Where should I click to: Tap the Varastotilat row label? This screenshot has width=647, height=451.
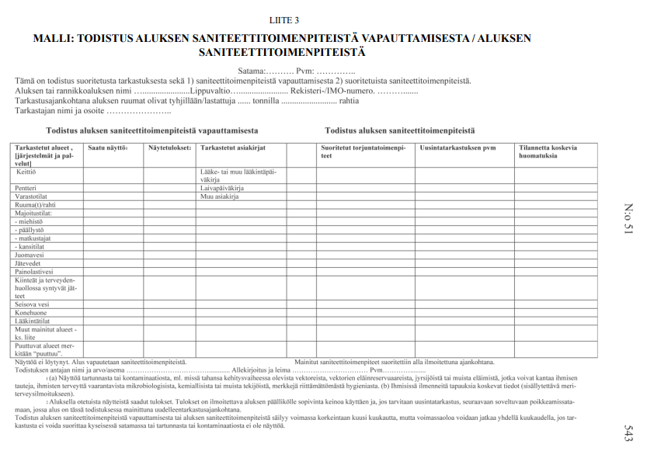pos(29,196)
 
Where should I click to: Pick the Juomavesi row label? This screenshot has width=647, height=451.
pos(28,254)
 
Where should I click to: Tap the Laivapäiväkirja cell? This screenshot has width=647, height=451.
pos(224,188)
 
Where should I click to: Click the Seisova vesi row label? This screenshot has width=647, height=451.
pos(30,304)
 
